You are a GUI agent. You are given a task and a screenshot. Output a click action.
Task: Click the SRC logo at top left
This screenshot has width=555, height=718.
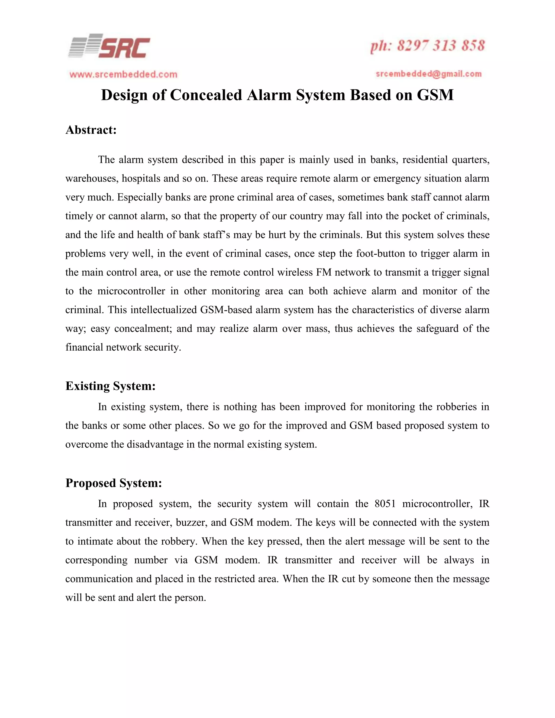point(109,46)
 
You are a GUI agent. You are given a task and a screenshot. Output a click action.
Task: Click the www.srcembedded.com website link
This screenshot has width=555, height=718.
point(123,75)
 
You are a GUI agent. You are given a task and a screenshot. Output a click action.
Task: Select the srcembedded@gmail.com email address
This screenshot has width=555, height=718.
point(428,74)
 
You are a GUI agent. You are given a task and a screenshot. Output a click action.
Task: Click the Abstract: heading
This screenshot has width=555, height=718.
point(91,130)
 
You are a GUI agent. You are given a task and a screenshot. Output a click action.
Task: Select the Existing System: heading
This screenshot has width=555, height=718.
point(110,386)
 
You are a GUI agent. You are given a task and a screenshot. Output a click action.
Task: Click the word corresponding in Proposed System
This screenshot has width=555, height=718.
point(96,560)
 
